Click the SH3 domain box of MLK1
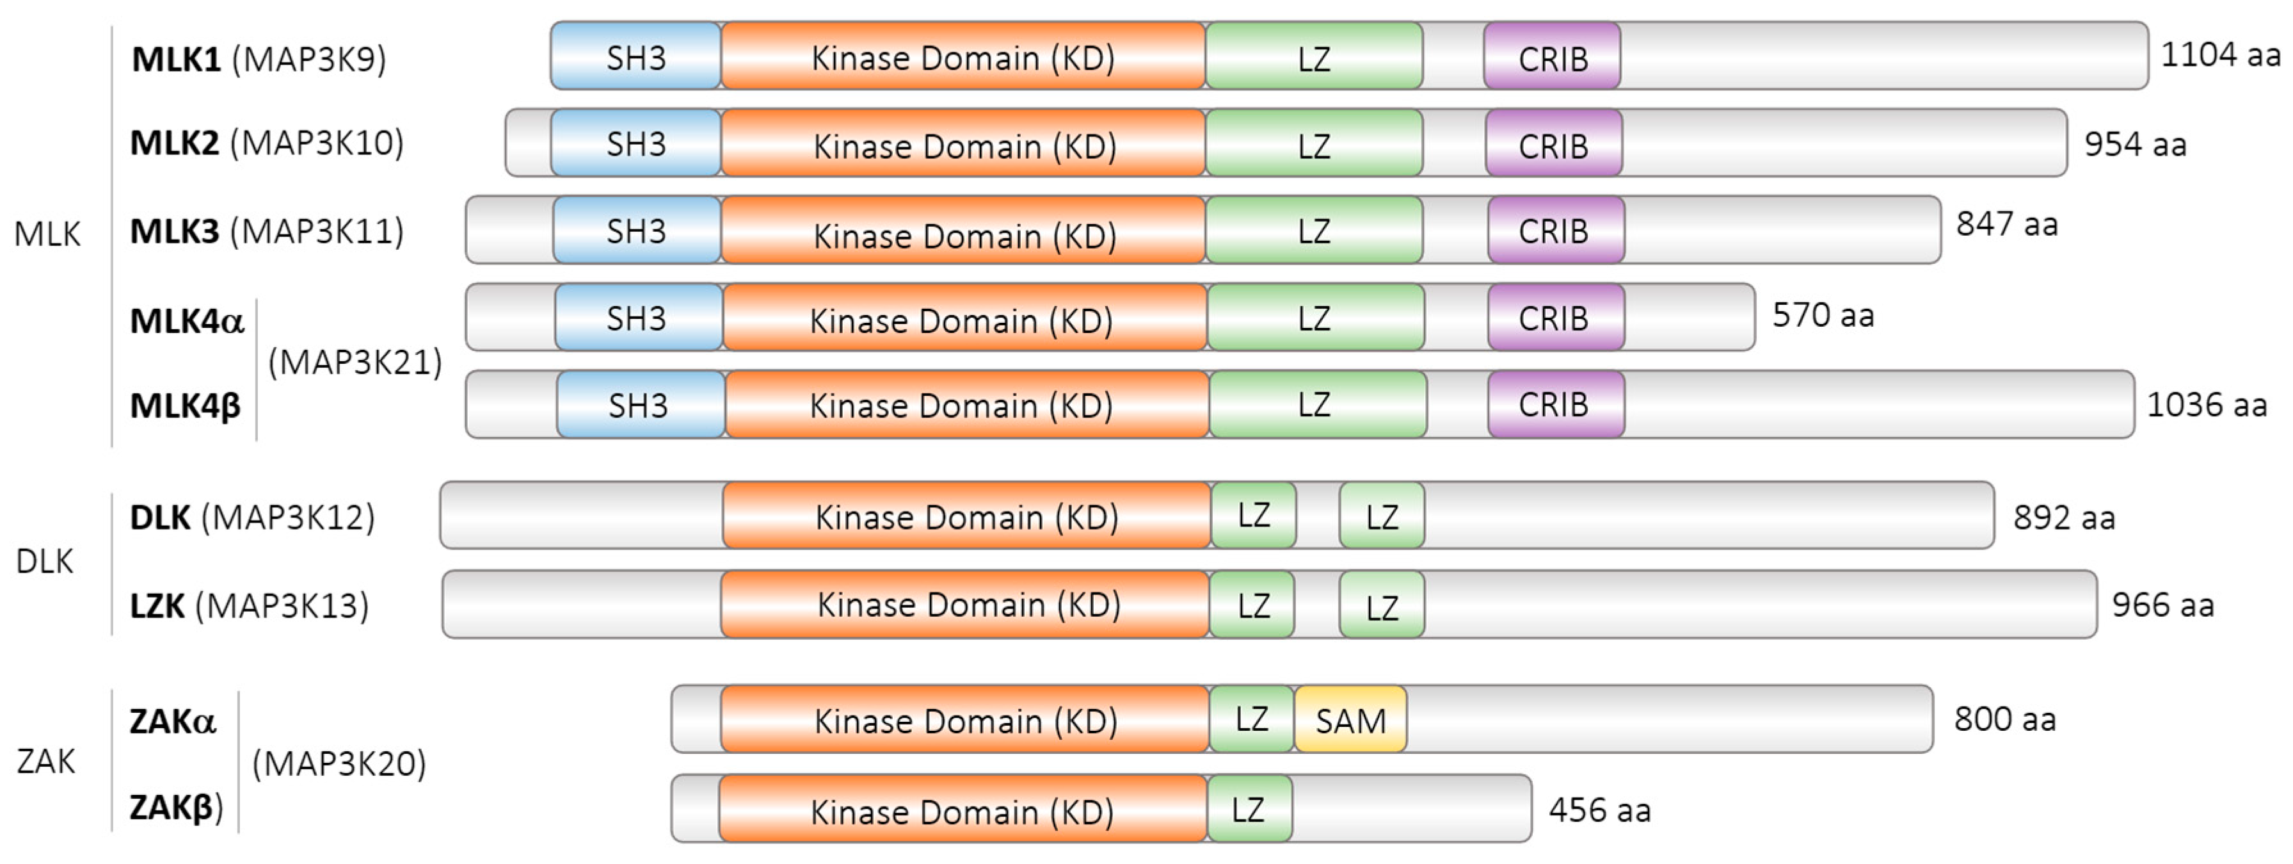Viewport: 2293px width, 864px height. (635, 57)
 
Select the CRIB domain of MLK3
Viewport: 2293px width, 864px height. (1555, 231)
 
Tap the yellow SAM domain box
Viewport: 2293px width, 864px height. (1350, 720)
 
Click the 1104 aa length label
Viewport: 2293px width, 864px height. (2220, 55)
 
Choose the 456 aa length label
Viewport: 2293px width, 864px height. (1599, 810)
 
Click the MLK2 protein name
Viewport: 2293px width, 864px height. (175, 143)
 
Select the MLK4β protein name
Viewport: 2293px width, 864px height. (185, 406)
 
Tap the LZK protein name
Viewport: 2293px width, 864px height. (157, 606)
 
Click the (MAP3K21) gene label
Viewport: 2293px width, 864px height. (355, 363)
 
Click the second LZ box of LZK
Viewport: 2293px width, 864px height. (1382, 606)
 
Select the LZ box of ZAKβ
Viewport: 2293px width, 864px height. (1249, 810)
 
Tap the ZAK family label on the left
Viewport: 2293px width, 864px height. (45, 762)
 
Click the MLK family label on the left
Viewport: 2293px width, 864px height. (47, 234)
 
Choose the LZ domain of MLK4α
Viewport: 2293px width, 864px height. (1314, 318)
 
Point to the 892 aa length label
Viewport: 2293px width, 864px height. (2063, 518)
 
